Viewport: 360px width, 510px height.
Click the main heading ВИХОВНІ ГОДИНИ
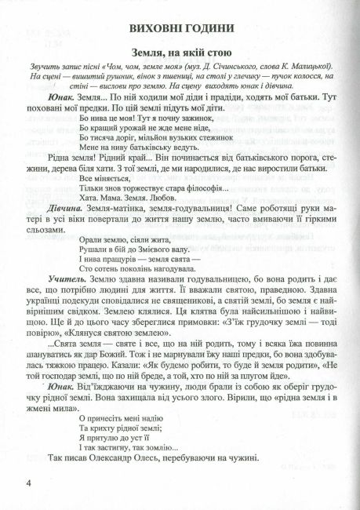point(180,29)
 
